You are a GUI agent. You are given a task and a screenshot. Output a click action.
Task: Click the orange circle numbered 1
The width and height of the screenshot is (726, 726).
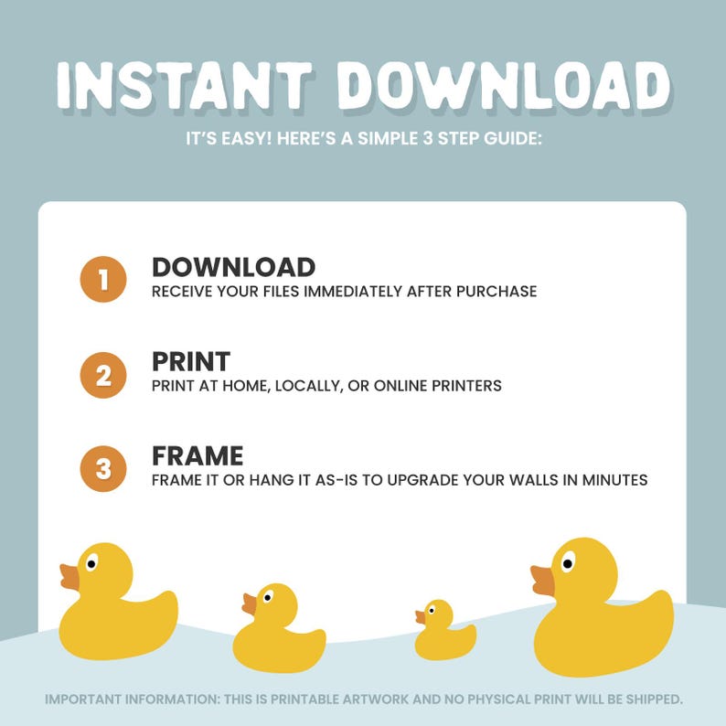pos(102,279)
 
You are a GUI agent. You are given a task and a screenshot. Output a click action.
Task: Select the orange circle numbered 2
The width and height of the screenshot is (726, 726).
pos(102,375)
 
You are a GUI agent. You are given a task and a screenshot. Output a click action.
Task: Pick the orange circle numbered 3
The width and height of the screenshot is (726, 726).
pos(102,469)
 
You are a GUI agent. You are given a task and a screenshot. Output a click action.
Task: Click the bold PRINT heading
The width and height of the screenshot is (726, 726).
pos(191,361)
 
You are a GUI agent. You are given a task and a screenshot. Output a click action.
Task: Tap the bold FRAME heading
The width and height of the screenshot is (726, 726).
pos(198,456)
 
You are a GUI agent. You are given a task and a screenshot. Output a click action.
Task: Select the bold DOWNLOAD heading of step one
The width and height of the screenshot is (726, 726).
pos(233,267)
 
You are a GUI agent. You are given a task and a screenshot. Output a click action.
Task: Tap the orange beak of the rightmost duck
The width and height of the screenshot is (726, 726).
pos(543,580)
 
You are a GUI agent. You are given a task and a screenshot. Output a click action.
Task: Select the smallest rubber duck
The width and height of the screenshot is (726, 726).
pos(444,631)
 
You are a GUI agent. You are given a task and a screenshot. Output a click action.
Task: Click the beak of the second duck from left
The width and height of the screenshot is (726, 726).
pos(249,604)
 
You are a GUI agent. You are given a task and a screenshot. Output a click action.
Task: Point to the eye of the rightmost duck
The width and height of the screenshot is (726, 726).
pos(568,561)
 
